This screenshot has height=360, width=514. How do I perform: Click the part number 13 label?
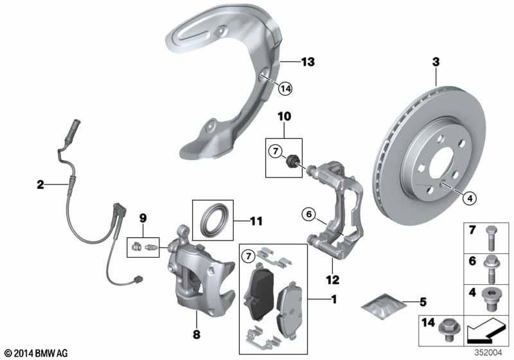[308, 62]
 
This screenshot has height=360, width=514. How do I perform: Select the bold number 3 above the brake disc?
[436, 62]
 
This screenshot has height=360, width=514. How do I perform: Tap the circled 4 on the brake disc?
[470, 199]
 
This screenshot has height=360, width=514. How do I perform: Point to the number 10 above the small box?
[284, 116]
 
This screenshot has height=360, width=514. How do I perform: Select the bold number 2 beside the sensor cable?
[40, 185]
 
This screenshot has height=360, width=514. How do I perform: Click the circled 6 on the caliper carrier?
[308, 214]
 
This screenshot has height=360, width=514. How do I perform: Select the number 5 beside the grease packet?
[422, 301]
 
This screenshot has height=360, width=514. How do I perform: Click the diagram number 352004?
[492, 351]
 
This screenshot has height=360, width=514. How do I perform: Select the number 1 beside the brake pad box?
[333, 300]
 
